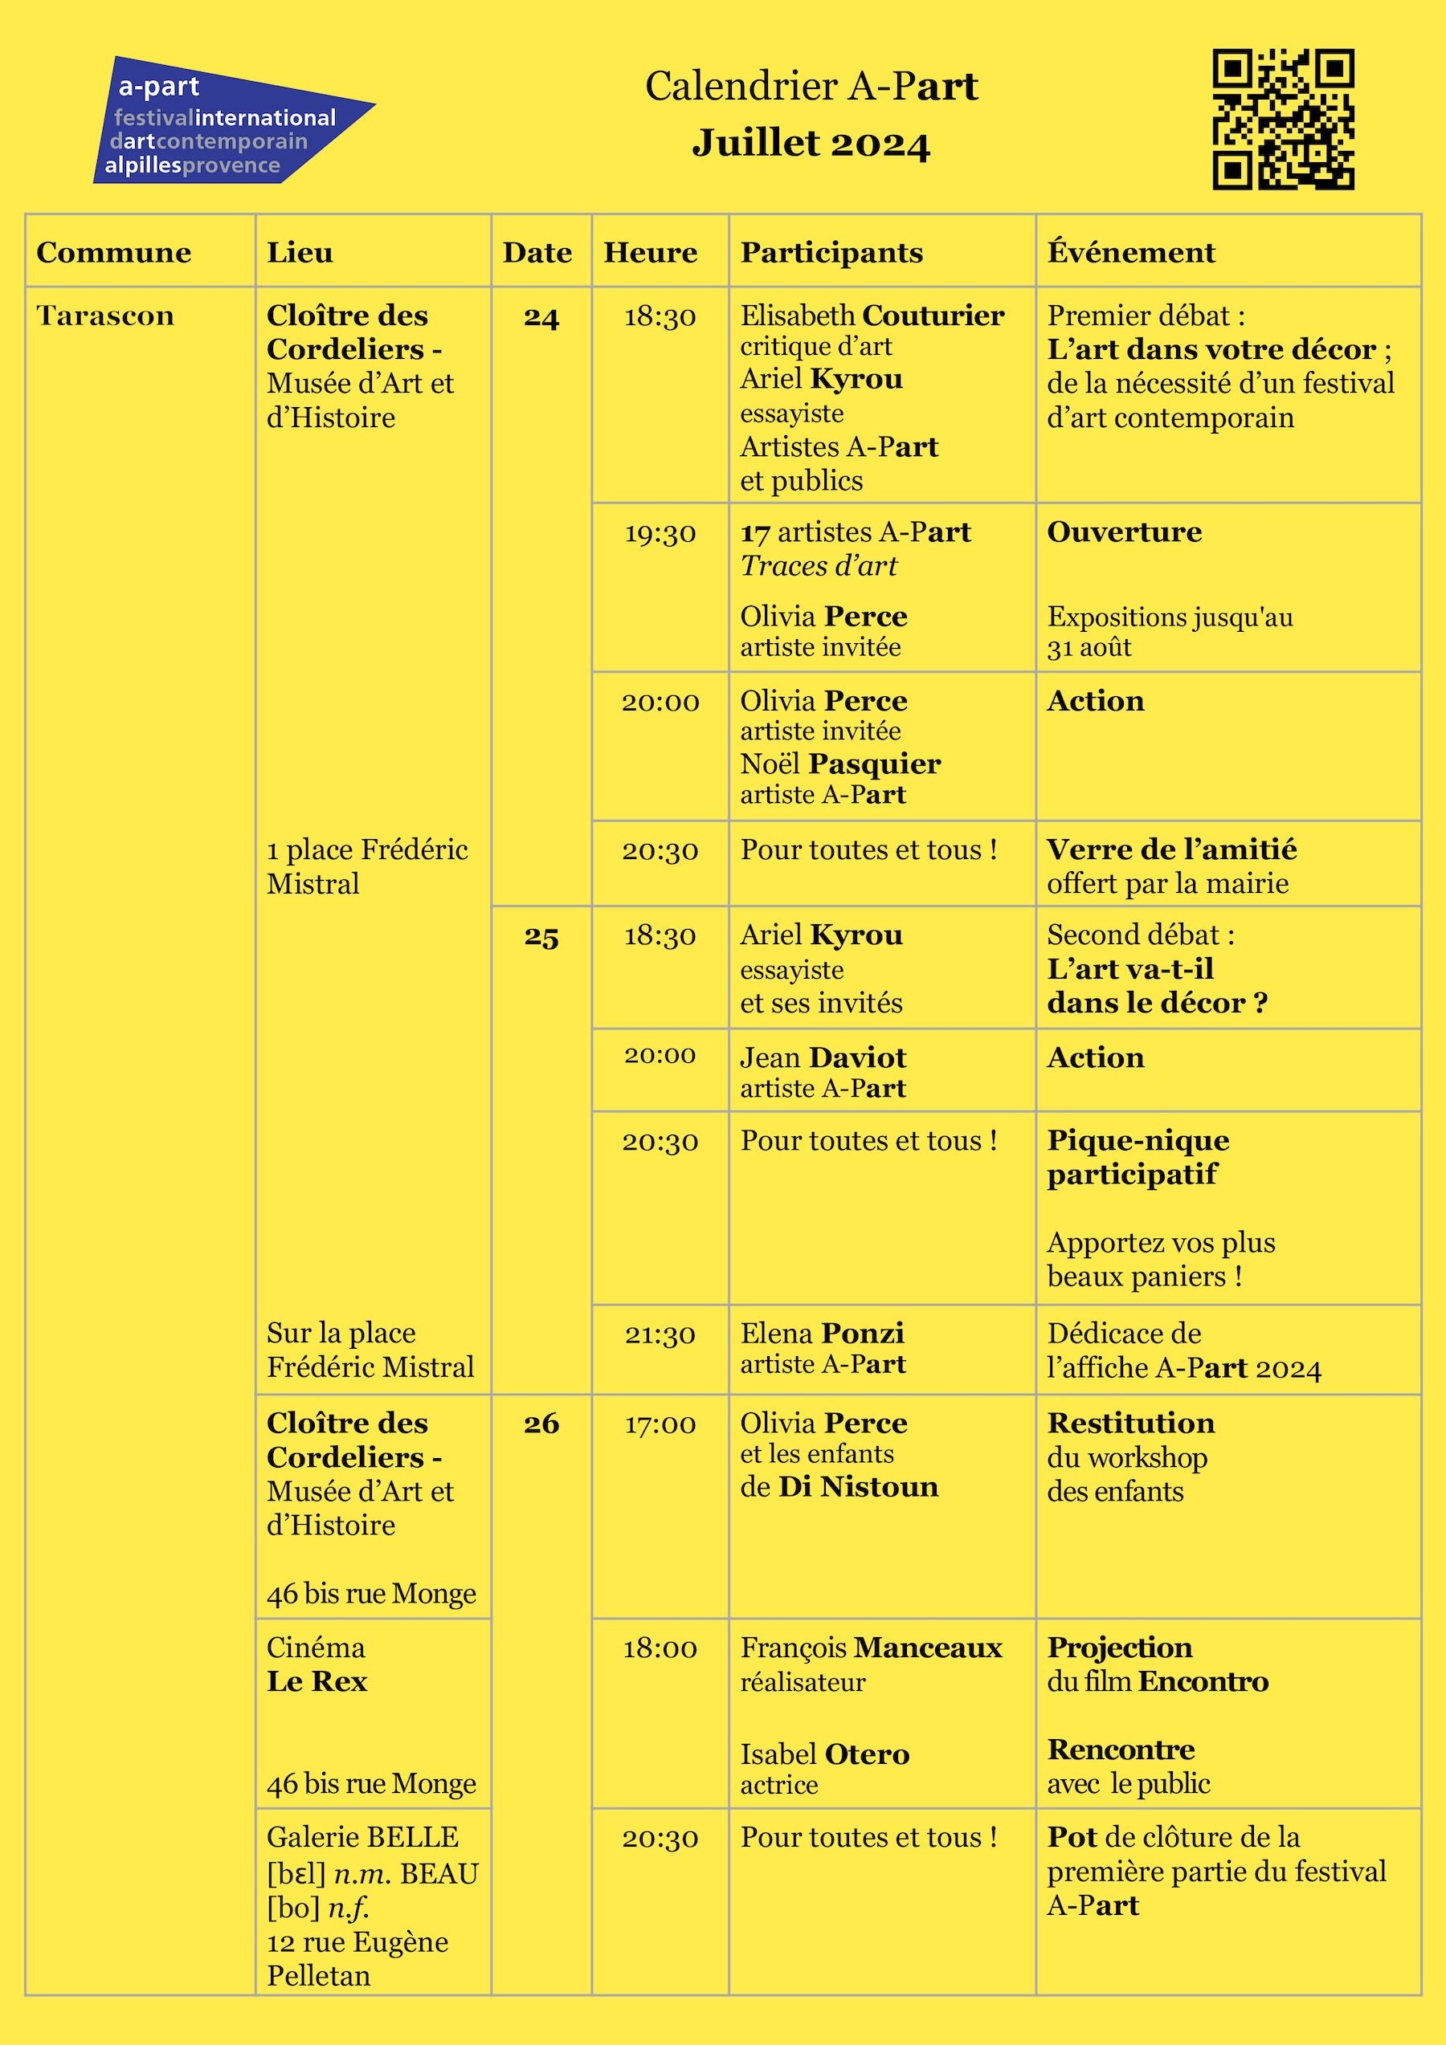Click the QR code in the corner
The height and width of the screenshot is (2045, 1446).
[1283, 119]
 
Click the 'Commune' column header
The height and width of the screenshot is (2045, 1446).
[114, 253]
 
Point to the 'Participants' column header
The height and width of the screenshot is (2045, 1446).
[831, 253]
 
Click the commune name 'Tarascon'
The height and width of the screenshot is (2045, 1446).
[105, 316]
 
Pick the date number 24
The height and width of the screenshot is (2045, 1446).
[541, 318]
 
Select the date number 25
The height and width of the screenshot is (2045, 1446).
[541, 937]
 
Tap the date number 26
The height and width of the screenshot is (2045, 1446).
[541, 1424]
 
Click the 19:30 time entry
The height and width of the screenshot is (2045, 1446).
[660, 533]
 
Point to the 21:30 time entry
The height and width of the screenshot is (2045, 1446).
[660, 1334]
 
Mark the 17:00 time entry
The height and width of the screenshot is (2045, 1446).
[660, 1424]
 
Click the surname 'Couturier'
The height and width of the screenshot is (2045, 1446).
[933, 316]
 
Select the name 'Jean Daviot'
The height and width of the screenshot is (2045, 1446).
[823, 1058]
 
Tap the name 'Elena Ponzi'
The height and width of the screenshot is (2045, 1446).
[822, 1334]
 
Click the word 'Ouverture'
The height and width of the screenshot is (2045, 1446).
[1125, 532]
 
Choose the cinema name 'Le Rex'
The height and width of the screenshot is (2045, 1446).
[317, 1681]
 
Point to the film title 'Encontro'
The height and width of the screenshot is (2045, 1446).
[1203, 1681]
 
